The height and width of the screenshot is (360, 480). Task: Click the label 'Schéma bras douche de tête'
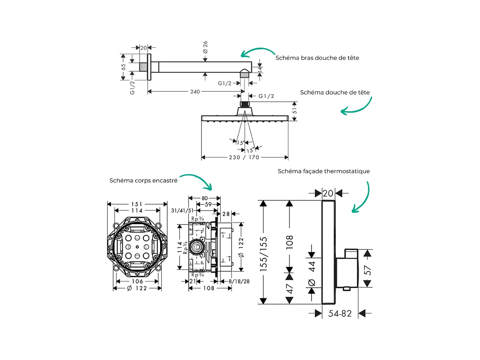point(317,58)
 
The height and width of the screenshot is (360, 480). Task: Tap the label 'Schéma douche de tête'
point(335,92)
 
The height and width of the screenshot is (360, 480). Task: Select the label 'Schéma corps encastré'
point(143,180)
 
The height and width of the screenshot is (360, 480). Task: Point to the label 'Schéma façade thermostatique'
point(324,171)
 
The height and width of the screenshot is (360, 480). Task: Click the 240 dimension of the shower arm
point(195,92)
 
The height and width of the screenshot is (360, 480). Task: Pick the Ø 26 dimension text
point(205,47)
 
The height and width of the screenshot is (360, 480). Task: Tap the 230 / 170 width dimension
point(244,157)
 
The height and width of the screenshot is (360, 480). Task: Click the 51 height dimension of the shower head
point(294,112)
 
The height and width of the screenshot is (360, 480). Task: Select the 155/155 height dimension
point(263,254)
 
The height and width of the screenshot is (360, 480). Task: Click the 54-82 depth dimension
point(340,314)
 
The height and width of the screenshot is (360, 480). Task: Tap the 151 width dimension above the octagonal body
point(137,204)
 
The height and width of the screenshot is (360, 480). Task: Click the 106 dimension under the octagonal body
point(137,281)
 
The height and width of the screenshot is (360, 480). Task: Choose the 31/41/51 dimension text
point(182,211)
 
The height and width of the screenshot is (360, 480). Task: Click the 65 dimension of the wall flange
point(124,66)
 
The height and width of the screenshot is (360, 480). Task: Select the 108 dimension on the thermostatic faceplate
point(290,242)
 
